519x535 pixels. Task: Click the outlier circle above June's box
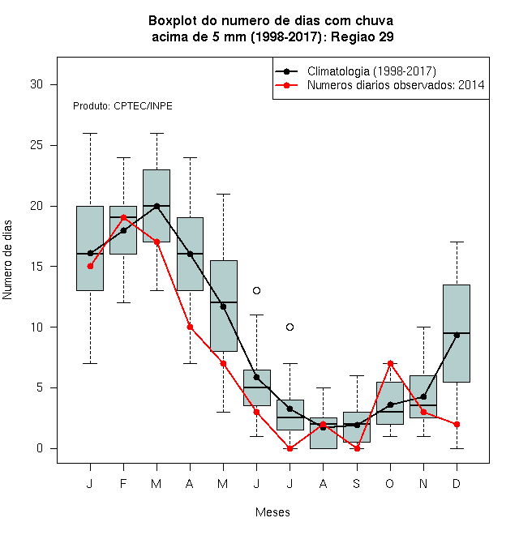tap(256, 290)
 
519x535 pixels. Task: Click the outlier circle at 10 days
tap(290, 327)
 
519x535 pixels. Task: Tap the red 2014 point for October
tap(390, 363)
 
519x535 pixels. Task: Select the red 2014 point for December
tap(457, 424)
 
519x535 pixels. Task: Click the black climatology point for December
tap(457, 336)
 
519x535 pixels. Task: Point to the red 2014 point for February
tap(123, 217)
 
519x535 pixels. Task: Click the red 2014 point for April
tap(191, 327)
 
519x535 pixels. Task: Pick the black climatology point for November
tap(424, 397)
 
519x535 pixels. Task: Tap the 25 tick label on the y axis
tap(36, 145)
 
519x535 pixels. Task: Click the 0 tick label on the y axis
tap(40, 448)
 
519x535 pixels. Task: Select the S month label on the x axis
tap(357, 483)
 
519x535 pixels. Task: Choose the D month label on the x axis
tap(457, 483)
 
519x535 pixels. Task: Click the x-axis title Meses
tap(272, 512)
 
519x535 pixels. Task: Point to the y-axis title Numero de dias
tap(7, 260)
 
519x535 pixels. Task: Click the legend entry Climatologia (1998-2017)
tap(371, 71)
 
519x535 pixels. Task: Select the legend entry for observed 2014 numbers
tap(396, 85)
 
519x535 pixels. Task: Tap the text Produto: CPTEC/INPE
tap(122, 106)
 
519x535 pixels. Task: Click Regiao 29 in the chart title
tap(362, 36)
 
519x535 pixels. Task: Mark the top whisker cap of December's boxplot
tap(457, 242)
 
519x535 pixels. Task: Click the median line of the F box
tap(123, 217)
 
